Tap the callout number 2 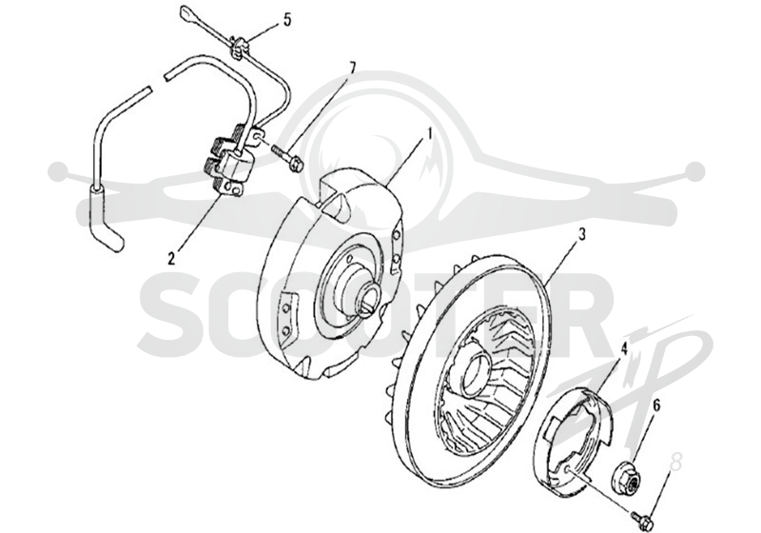click(x=171, y=258)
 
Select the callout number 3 click(x=581, y=234)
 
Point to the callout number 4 click(x=624, y=347)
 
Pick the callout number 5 click(x=287, y=20)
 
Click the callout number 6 click(x=656, y=406)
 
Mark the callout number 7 click(x=352, y=68)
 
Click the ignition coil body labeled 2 click(x=229, y=163)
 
